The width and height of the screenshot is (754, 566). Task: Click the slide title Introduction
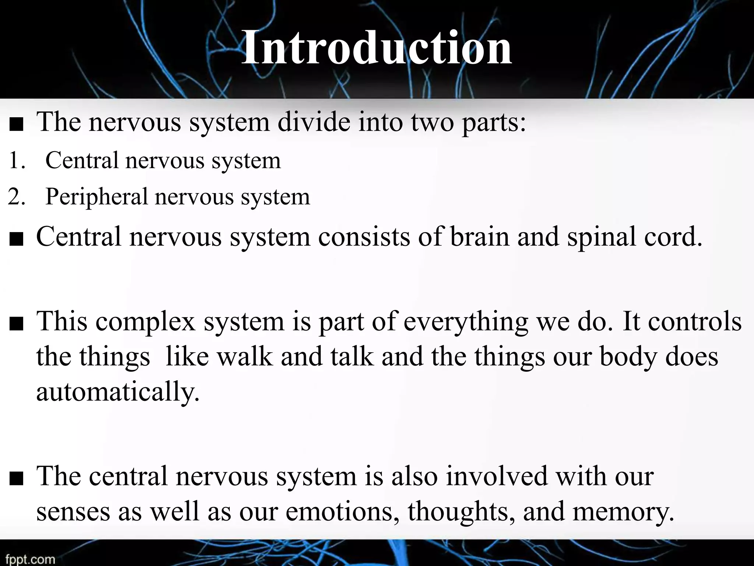tap(376, 48)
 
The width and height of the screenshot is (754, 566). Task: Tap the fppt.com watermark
tap(30, 559)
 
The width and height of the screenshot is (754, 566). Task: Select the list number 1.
tap(16, 161)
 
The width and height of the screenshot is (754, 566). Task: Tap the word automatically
tap(117, 392)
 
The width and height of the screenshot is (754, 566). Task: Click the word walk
tap(244, 357)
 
